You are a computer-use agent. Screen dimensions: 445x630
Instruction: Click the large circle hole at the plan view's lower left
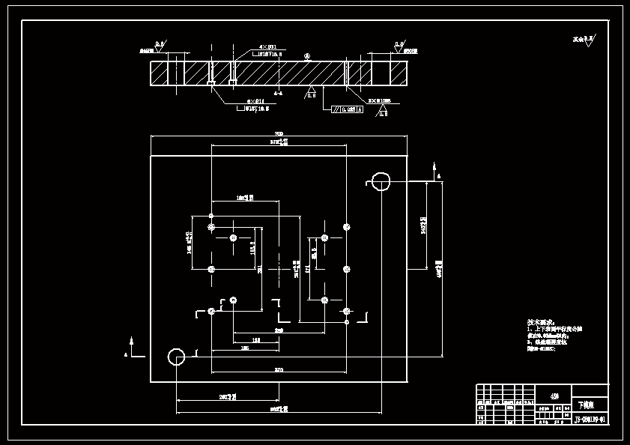point(177,357)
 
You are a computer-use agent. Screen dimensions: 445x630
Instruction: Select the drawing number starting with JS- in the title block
point(589,420)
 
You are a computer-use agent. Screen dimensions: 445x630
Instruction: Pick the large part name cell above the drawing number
point(590,403)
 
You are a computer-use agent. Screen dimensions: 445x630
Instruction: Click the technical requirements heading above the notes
point(542,321)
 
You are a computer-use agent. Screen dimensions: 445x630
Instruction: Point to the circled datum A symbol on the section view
point(307,56)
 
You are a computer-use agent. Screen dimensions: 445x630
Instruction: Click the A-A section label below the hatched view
point(278,94)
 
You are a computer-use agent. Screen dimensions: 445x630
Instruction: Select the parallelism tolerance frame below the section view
point(348,109)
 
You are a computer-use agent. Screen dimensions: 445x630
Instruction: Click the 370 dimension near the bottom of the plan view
point(279,369)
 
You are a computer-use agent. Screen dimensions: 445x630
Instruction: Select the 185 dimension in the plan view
point(245,348)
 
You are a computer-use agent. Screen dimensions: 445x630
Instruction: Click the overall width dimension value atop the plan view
point(279,133)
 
